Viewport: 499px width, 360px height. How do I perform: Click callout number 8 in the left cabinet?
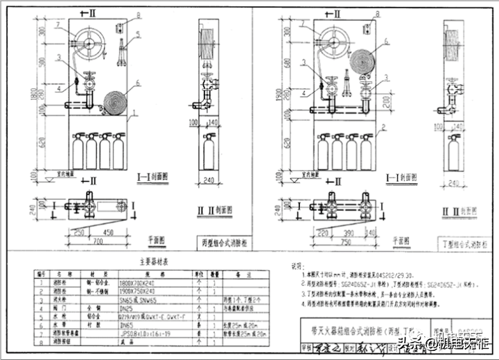pos(138,15)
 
